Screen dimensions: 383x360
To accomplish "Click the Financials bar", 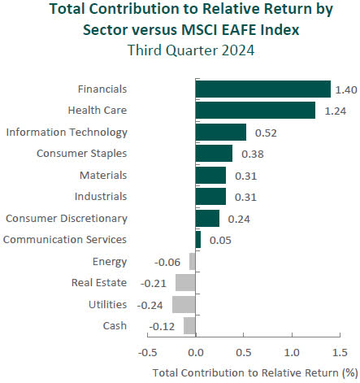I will click(262, 89).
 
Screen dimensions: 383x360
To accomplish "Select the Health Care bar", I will click(255, 110).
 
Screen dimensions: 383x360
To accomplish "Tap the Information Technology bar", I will click(220, 132).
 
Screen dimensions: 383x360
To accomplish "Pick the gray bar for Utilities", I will click(184, 304).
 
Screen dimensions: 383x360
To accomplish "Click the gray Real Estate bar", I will click(185, 283).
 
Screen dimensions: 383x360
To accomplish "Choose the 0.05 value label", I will click(219, 240).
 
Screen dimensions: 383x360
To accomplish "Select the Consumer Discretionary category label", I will click(66, 218).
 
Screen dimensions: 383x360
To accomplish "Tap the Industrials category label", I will click(100, 196).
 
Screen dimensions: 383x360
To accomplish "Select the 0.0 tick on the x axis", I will click(195, 353).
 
